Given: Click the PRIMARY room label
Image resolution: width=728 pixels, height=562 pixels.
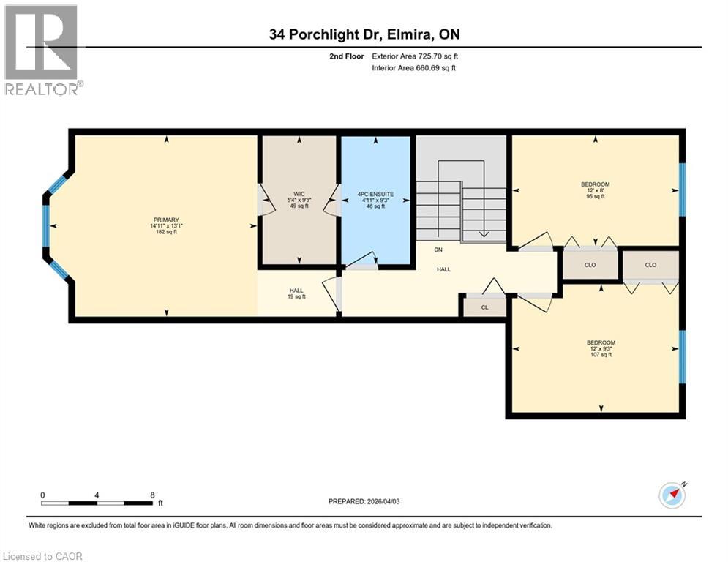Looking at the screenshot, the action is pyautogui.click(x=166, y=220).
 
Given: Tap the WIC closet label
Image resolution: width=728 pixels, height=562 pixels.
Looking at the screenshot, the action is pyautogui.click(x=299, y=194).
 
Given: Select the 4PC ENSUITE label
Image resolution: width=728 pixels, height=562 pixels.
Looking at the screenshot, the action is pyautogui.click(x=375, y=194).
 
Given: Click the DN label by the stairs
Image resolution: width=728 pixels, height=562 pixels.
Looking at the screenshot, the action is pyautogui.click(x=438, y=250).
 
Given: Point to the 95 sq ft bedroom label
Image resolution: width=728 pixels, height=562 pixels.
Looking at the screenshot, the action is pyautogui.click(x=596, y=190).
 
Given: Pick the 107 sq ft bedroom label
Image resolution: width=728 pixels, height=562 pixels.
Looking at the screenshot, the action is pyautogui.click(x=601, y=348).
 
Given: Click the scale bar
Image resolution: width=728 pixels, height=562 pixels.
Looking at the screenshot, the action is pyautogui.click(x=97, y=503).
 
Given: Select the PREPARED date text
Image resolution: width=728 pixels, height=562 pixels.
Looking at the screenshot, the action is pyautogui.click(x=364, y=501).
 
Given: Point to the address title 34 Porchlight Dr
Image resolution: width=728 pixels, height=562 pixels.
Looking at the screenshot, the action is pyautogui.click(x=364, y=34).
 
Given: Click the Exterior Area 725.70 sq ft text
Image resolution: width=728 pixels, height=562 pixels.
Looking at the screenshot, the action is pyautogui.click(x=415, y=56).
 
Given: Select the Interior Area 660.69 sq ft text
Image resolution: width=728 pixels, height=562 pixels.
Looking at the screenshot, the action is pyautogui.click(x=413, y=68).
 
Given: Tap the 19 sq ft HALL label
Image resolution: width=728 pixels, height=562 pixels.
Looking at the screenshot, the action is pyautogui.click(x=296, y=293).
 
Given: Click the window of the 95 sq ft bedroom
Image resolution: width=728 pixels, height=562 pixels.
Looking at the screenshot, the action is pyautogui.click(x=683, y=190).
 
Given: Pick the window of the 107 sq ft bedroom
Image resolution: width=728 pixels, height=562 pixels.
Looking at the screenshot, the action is pyautogui.click(x=683, y=356).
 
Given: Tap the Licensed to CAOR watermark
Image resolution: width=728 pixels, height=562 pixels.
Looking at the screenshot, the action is pyautogui.click(x=42, y=556).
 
